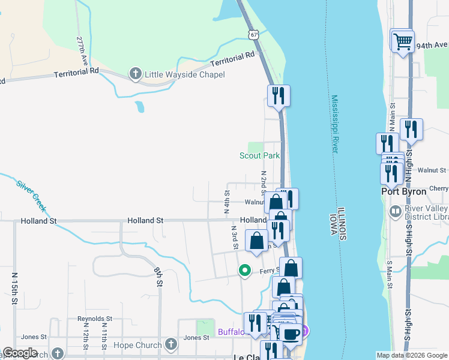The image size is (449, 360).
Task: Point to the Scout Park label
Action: click(260, 155)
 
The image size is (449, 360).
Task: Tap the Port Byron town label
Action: click(404, 191)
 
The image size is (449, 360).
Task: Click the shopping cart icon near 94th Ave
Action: click(402, 41)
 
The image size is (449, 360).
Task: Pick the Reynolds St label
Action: click(95, 319)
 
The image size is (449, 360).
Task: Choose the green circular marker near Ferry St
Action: click(244, 271)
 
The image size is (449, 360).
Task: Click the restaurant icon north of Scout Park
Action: click(279, 95)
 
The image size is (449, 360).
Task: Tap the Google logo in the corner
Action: click(20, 353)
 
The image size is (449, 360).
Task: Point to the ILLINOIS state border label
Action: click(342, 224)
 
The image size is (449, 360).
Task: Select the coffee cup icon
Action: click(291, 334)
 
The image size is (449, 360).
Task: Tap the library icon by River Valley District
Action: click(395, 211)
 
